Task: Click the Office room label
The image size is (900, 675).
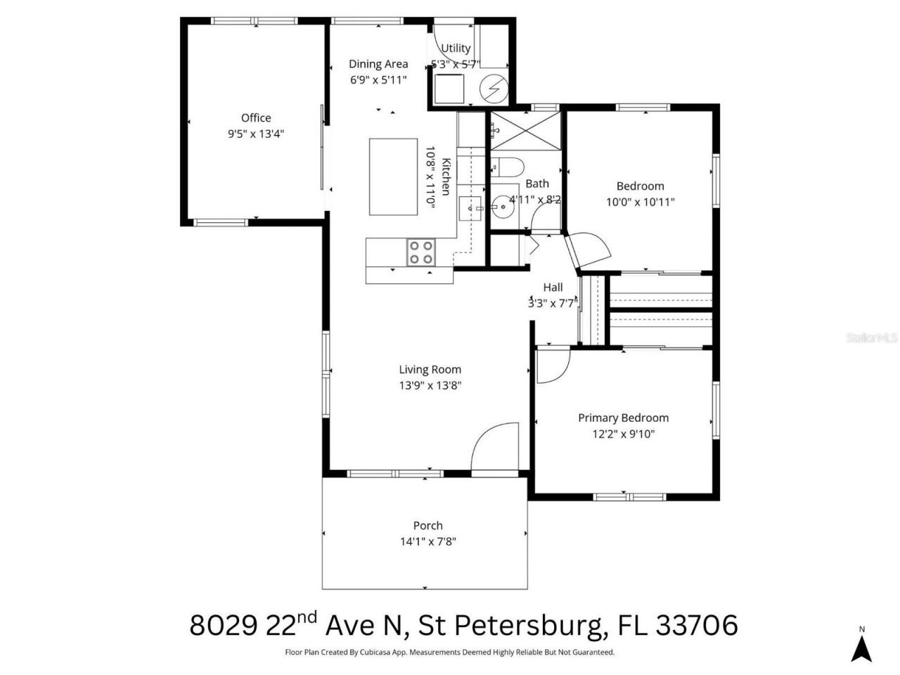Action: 255,118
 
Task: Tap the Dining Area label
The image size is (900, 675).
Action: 378,64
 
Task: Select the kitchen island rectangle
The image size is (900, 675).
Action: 394,176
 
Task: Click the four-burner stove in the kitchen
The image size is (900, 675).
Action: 421,252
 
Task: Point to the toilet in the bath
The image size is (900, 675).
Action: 508,167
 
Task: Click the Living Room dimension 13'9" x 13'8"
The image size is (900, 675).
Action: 430,385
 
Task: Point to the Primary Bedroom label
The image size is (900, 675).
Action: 623,418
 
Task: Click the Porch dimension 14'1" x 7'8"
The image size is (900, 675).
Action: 427,541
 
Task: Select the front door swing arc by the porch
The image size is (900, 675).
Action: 495,446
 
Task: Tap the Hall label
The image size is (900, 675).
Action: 553,287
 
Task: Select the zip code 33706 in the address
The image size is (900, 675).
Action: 697,624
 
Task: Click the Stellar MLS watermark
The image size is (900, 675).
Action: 872,337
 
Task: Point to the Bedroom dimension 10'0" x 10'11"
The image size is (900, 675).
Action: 640,202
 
